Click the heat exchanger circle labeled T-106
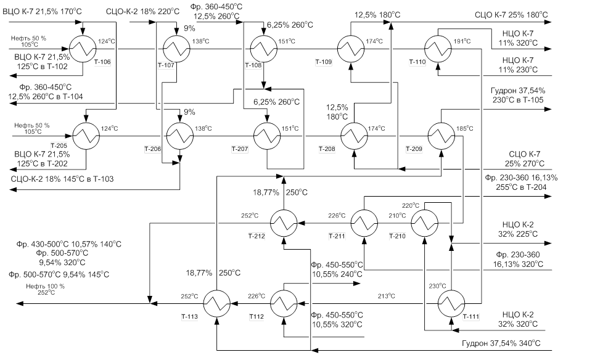pos(83,49)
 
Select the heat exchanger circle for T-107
pos(177,49)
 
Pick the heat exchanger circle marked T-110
pos(438,49)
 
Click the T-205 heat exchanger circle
pos(86,136)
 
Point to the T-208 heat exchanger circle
pos(354,136)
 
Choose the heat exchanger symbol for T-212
pos(284,223)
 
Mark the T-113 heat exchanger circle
pos(216,303)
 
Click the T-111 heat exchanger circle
pos(451,303)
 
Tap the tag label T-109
pos(323,62)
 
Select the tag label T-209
pos(414,149)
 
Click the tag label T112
pos(256,317)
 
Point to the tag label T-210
pos(397,236)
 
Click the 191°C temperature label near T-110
pos(462,41)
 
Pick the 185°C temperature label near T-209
pos(465,128)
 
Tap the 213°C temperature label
pos(387,296)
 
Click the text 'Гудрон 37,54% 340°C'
pos(501,343)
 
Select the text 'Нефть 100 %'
pos(45,286)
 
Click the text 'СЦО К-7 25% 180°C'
pos(512,15)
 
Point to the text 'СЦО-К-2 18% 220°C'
pos(142,11)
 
